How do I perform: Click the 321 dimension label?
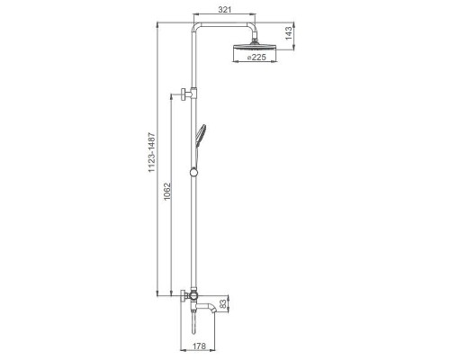tap(225, 10)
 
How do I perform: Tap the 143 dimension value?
tap(288, 33)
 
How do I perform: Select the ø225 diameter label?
tap(256, 57)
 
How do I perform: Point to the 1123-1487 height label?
tap(152, 152)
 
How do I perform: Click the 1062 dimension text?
tap(167, 192)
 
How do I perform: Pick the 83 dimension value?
tap(223, 304)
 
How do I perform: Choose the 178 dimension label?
tap(199, 346)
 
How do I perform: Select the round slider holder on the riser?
tap(193, 172)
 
